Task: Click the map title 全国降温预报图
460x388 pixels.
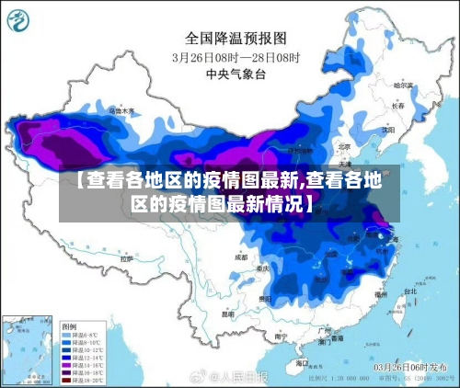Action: coord(236,38)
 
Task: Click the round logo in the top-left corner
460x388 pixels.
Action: coord(21,21)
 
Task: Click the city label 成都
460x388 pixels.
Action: coord(241,258)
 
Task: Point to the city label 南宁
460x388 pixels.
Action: coord(272,337)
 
